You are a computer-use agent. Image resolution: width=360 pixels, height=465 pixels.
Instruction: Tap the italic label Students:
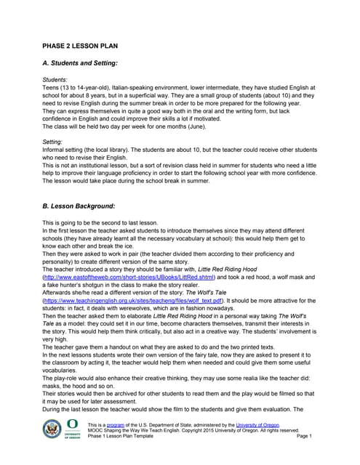click(x=55, y=79)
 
